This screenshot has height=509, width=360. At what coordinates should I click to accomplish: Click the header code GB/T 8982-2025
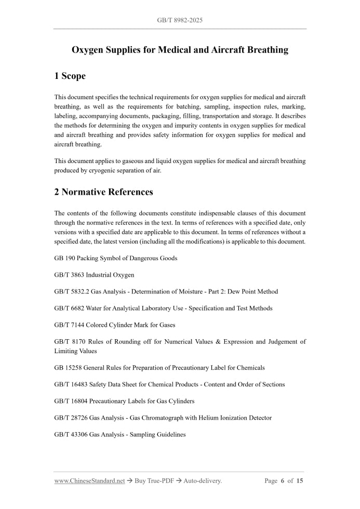click(180, 20)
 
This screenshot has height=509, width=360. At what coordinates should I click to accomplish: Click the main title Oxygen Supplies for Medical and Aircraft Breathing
click(180, 50)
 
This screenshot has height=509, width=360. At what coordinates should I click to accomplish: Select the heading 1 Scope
click(70, 76)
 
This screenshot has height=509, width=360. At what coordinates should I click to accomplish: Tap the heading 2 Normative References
click(103, 192)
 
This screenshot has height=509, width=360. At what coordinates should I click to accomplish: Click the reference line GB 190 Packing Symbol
click(115, 258)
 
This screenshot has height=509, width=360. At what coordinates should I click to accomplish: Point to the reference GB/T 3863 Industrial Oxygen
click(94, 275)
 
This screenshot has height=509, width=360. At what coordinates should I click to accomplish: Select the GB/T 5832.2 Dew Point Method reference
click(166, 291)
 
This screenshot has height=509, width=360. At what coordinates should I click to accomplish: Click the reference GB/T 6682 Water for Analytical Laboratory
click(163, 308)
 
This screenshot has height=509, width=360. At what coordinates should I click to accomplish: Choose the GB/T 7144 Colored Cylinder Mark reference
click(114, 325)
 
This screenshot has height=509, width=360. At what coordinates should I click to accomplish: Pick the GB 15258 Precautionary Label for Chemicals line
click(159, 368)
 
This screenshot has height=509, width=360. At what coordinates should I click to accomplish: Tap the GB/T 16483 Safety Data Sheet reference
click(169, 384)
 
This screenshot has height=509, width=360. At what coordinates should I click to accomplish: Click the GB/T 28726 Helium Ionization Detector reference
click(163, 418)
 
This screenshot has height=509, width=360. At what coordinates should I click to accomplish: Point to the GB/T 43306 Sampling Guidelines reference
click(119, 434)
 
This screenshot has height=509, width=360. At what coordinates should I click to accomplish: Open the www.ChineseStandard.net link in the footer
click(89, 481)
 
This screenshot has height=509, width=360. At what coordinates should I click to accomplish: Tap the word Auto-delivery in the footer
click(202, 481)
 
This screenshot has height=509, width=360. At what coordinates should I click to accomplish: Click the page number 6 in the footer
click(283, 481)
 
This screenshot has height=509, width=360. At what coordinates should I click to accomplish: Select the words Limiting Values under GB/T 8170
click(75, 351)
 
